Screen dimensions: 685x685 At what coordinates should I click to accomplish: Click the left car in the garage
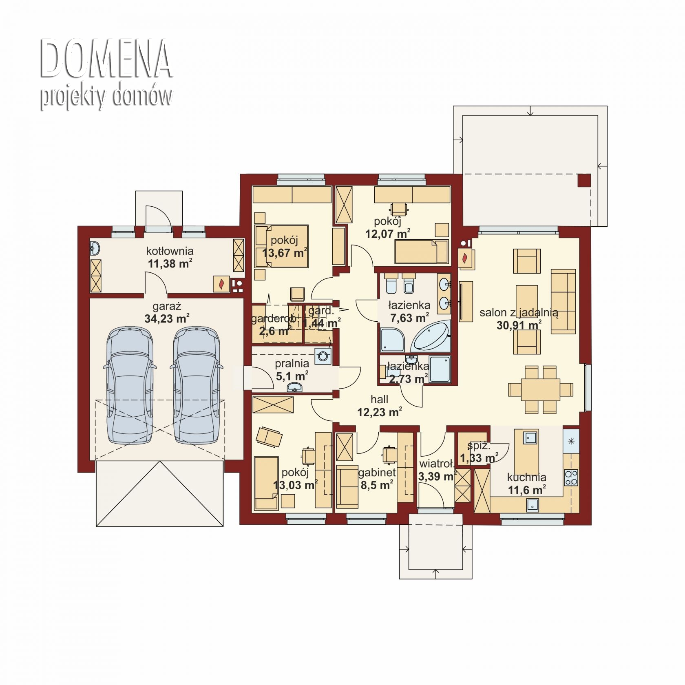point(130,385)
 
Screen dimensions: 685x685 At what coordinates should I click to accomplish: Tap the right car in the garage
point(197,385)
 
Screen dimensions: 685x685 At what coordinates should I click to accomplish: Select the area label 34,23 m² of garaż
point(167,318)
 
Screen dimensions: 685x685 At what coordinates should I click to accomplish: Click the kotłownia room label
point(170,251)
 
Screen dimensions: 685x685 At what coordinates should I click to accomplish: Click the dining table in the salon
point(540,389)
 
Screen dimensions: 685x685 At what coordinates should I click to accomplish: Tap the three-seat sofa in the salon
point(563,301)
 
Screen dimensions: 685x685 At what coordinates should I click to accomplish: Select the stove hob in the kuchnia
point(571,477)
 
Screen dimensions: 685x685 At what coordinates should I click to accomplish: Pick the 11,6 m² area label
point(527,490)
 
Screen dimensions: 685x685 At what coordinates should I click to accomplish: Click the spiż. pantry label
point(479,446)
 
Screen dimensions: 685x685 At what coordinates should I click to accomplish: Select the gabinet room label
point(377,473)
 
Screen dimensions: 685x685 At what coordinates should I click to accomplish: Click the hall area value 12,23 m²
point(380,412)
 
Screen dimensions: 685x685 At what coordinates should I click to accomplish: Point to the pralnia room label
point(292,363)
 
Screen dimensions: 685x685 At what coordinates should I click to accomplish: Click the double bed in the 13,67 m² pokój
point(282,246)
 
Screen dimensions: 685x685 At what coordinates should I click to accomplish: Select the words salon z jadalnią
point(519,313)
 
